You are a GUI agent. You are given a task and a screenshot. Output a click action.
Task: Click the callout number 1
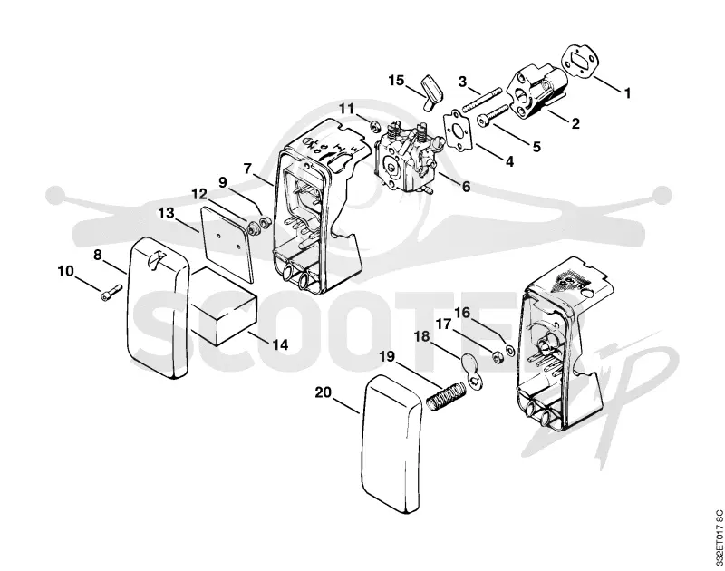click(x=627, y=93)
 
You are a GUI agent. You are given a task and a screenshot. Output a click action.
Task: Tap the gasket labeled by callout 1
click(x=578, y=59)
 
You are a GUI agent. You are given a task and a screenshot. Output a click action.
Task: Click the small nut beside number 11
click(x=374, y=124)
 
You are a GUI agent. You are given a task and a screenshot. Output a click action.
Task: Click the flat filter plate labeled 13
click(x=228, y=244)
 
